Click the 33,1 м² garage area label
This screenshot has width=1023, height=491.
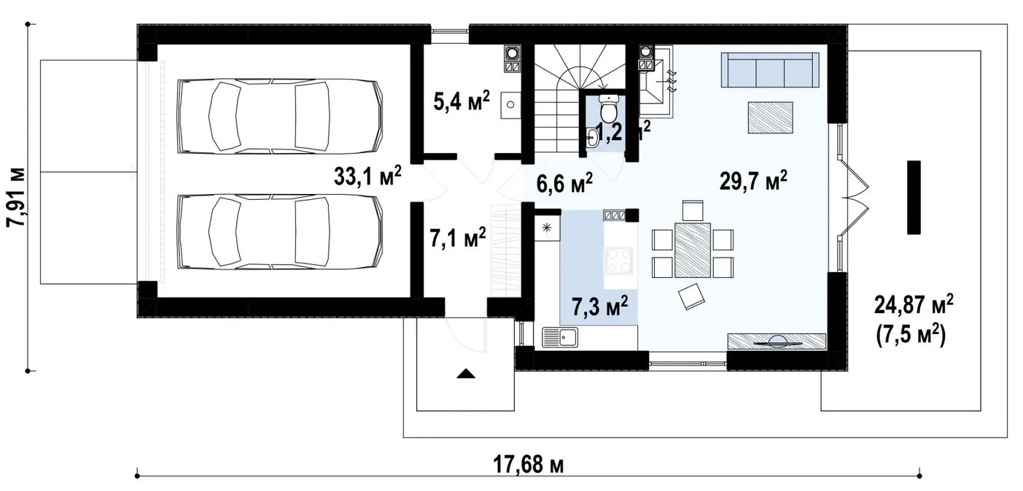tap(367, 176)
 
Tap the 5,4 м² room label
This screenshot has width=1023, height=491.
tap(462, 101)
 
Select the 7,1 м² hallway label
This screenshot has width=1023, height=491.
tap(458, 238)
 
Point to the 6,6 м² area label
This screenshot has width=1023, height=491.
tap(564, 183)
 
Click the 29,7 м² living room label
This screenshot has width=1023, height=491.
tap(753, 181)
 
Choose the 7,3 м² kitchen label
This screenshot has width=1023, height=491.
tap(599, 306)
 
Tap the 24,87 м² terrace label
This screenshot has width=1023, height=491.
tap(914, 304)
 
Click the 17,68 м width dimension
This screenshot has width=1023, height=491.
tap(529, 465)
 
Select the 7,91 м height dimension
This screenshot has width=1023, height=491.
tap(16, 197)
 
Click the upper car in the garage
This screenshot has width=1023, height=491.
tap(280, 116)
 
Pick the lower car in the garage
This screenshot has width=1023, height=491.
tap(280, 231)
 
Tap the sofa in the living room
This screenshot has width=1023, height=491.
tap(770, 69)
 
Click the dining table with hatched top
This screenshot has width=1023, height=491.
tap(693, 250)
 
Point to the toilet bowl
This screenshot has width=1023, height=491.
tap(608, 109)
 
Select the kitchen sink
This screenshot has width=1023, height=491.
tap(560, 337)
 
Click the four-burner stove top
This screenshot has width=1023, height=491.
tap(619, 260)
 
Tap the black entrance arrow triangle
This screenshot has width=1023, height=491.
tap(466, 374)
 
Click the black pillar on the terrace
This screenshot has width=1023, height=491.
tap(914, 197)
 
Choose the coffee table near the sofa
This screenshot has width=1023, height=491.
tap(770, 117)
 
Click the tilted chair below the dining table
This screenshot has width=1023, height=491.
tap(691, 296)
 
